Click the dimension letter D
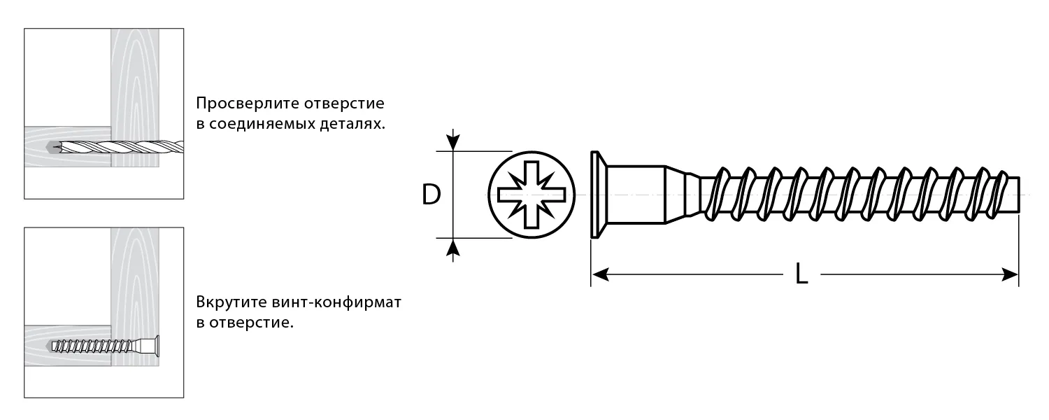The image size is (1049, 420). coord(431,195)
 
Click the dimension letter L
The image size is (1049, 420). coord(801,274)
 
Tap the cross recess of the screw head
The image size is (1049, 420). coord(531,195)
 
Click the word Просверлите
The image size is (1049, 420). coord(248,103)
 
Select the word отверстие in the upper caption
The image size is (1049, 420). coord(344,103)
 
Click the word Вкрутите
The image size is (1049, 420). coord(231,302)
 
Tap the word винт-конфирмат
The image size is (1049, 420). coord(336,302)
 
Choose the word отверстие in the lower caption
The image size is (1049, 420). coord(251,323)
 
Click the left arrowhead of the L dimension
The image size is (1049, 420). coord(600,274)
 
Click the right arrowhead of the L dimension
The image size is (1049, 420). coord(1010,274)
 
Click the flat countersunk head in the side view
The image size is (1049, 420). coord(596,195)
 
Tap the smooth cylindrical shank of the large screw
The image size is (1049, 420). coord(637,195)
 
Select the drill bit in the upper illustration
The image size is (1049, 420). coord(116,147)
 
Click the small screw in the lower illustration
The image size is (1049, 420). coord(105,346)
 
